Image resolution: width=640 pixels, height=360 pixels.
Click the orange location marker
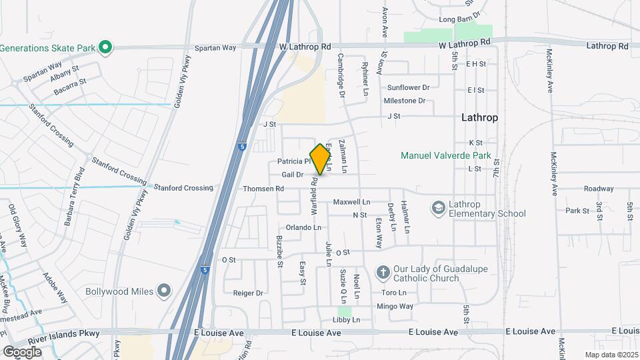pos(321,159)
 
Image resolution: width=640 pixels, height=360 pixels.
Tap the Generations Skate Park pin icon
pos(105,47)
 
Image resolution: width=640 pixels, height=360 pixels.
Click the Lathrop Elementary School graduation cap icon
pos(438,208)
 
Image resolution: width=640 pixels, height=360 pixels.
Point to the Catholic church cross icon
pos(383,273)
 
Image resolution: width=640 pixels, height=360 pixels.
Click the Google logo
pos(22,351)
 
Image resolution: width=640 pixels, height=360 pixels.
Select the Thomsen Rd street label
pos(263,189)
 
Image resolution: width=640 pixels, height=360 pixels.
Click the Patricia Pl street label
pos(294,161)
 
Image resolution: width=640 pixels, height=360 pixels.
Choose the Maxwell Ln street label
pos(351,201)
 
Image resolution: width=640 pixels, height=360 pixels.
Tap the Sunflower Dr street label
pos(409,87)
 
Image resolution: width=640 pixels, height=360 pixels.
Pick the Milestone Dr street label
pos(404,101)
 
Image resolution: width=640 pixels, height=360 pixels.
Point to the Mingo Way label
pos(395,306)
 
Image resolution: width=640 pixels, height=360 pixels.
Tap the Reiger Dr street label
pos(249,293)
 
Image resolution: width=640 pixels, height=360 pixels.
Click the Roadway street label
pos(598,189)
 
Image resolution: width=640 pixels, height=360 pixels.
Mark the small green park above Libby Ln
pos(344,311)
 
